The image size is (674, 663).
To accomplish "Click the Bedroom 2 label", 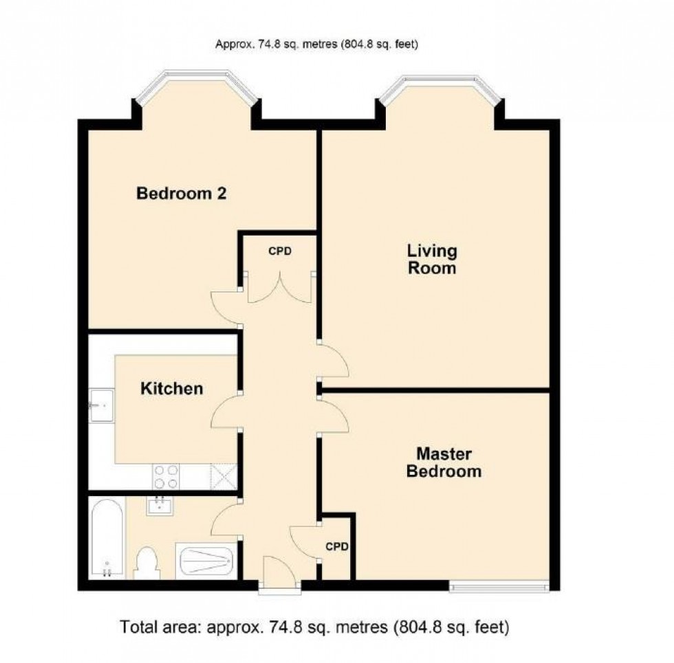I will [182, 193].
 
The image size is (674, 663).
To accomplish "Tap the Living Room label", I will [432, 258].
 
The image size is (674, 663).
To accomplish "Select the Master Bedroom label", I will [444, 462].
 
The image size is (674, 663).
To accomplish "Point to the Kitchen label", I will [172, 389].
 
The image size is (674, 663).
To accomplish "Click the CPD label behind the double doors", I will [280, 251].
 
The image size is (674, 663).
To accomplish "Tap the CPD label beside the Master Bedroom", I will [337, 548].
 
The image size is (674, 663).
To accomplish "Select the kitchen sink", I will [100, 405].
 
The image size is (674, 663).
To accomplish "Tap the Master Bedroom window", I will [499, 586].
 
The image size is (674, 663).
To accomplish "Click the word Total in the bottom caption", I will [138, 627].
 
